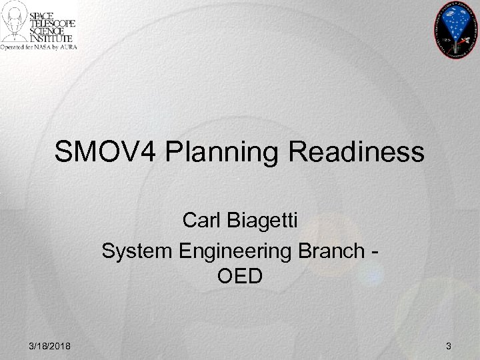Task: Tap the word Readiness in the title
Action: click(x=357, y=152)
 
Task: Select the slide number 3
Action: click(x=448, y=345)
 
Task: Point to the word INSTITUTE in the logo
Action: click(x=56, y=39)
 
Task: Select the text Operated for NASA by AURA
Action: click(x=39, y=47)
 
